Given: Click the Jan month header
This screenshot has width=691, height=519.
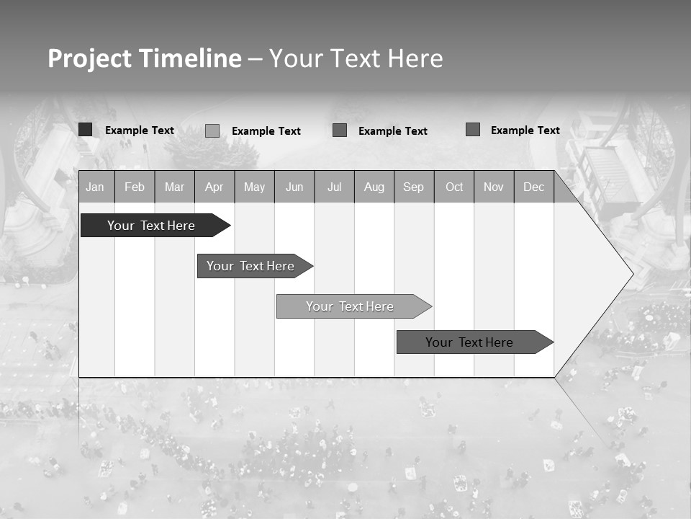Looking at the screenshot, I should [x=95, y=187].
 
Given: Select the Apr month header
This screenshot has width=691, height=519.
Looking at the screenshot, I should [x=214, y=187].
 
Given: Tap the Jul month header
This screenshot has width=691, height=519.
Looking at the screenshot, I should [x=334, y=187].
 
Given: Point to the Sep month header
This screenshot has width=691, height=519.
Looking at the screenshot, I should [x=413, y=187].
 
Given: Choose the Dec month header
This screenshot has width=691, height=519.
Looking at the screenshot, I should [x=533, y=187].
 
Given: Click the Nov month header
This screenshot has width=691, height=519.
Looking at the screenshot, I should [x=493, y=187].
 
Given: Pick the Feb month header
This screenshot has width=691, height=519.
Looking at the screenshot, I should [x=135, y=187].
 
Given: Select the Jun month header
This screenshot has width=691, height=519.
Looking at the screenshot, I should [x=294, y=187].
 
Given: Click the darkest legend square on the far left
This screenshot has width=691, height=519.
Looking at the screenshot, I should [x=86, y=130].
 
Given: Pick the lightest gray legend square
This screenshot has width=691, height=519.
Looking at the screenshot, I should [x=212, y=130].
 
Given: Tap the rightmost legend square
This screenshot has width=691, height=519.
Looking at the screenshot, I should [x=473, y=130].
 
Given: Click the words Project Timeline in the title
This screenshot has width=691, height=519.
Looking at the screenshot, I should [x=144, y=58].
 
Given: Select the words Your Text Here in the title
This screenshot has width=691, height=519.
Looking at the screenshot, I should [x=356, y=58].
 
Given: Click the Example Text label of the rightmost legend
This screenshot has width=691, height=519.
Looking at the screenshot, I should [x=525, y=130].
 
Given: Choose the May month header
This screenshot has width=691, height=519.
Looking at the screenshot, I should [x=254, y=187].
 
